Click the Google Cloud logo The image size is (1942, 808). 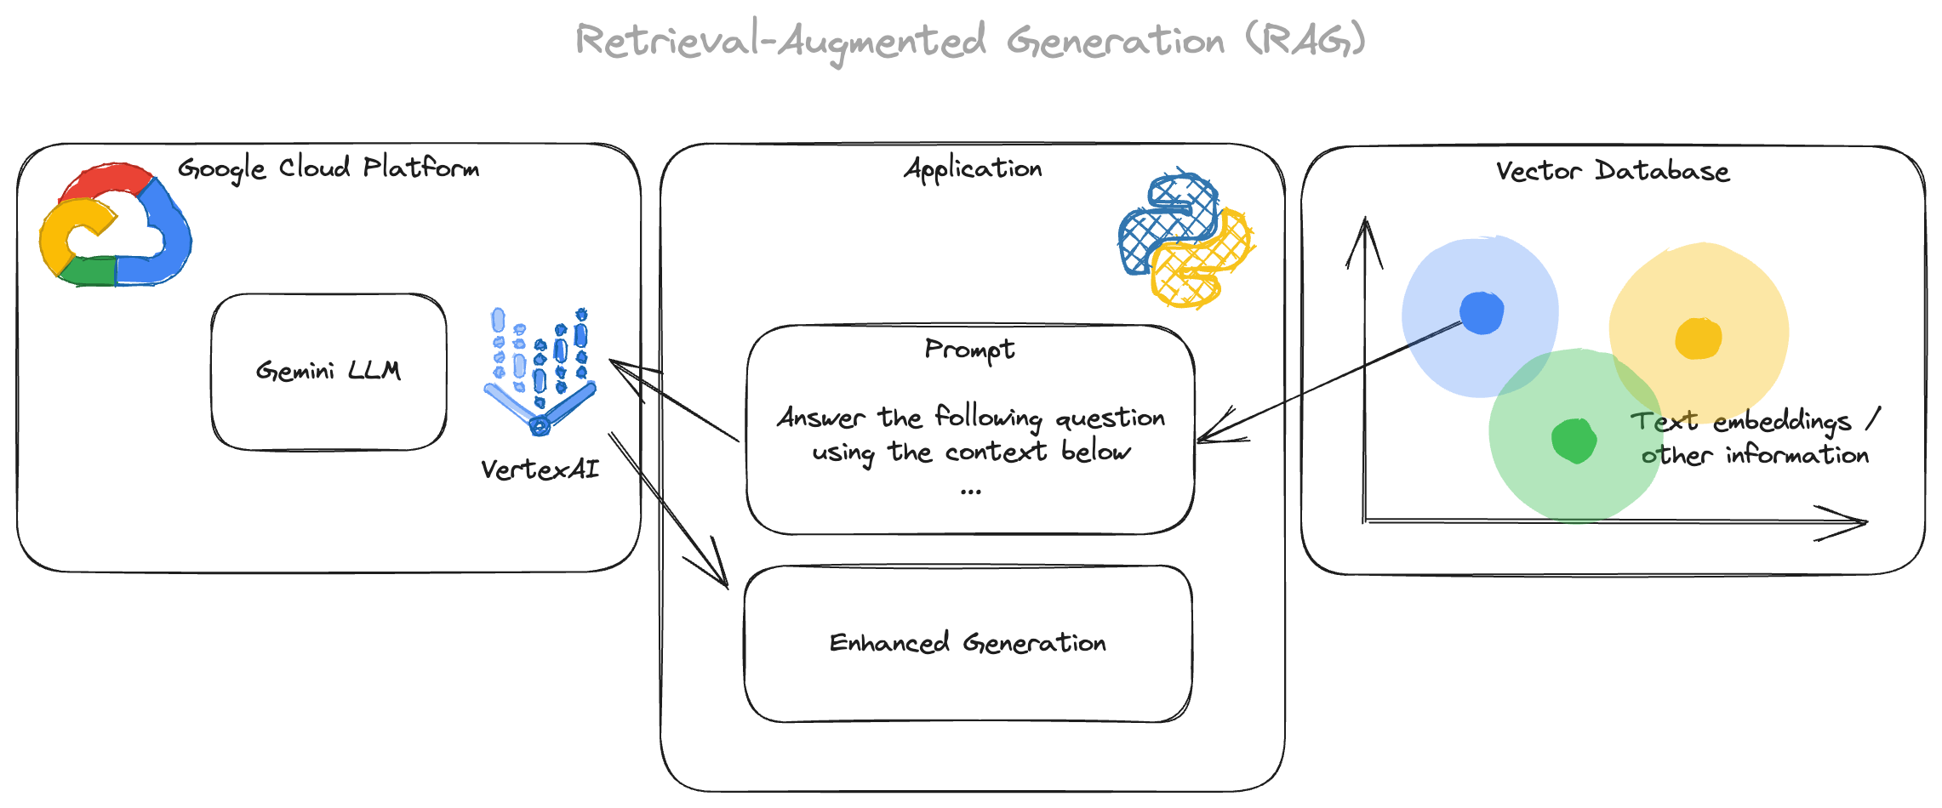[x=115, y=225]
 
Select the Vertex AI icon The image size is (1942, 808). [x=540, y=372]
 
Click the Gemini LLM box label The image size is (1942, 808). [x=328, y=371]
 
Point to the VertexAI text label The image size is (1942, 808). [x=540, y=469]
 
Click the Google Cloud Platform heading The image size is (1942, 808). [x=328, y=168]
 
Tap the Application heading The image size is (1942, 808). [x=973, y=169]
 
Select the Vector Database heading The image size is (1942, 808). [x=1613, y=171]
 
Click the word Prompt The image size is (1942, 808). [x=969, y=350]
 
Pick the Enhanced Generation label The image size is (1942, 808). [x=968, y=643]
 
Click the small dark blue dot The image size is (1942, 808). [x=1482, y=313]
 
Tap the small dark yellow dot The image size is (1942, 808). [x=1698, y=339]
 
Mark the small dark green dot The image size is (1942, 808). [x=1573, y=441]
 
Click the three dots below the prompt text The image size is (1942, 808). [x=970, y=492]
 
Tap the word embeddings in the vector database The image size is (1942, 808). [x=1782, y=422]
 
